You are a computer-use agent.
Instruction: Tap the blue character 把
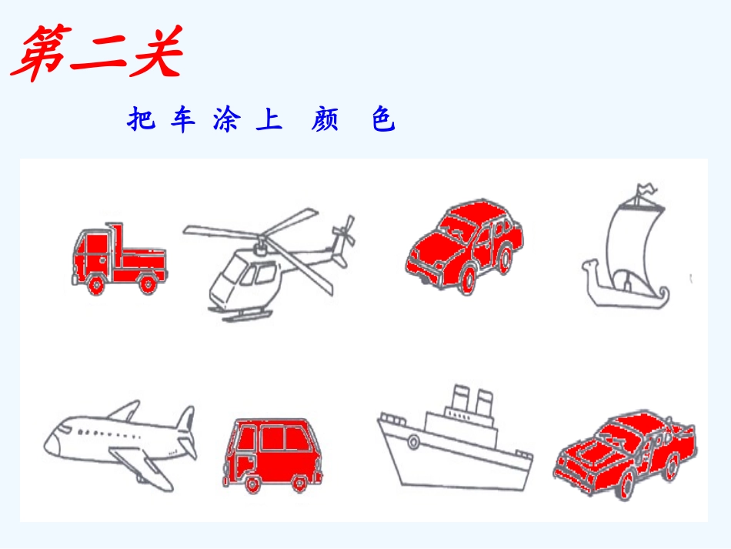tap(142, 120)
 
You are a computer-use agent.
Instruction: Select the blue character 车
tap(183, 120)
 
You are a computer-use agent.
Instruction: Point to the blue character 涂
tap(225, 120)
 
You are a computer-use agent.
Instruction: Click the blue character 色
tap(383, 120)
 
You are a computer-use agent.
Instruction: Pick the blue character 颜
tap(325, 120)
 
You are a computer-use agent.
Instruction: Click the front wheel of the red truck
tap(96, 286)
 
